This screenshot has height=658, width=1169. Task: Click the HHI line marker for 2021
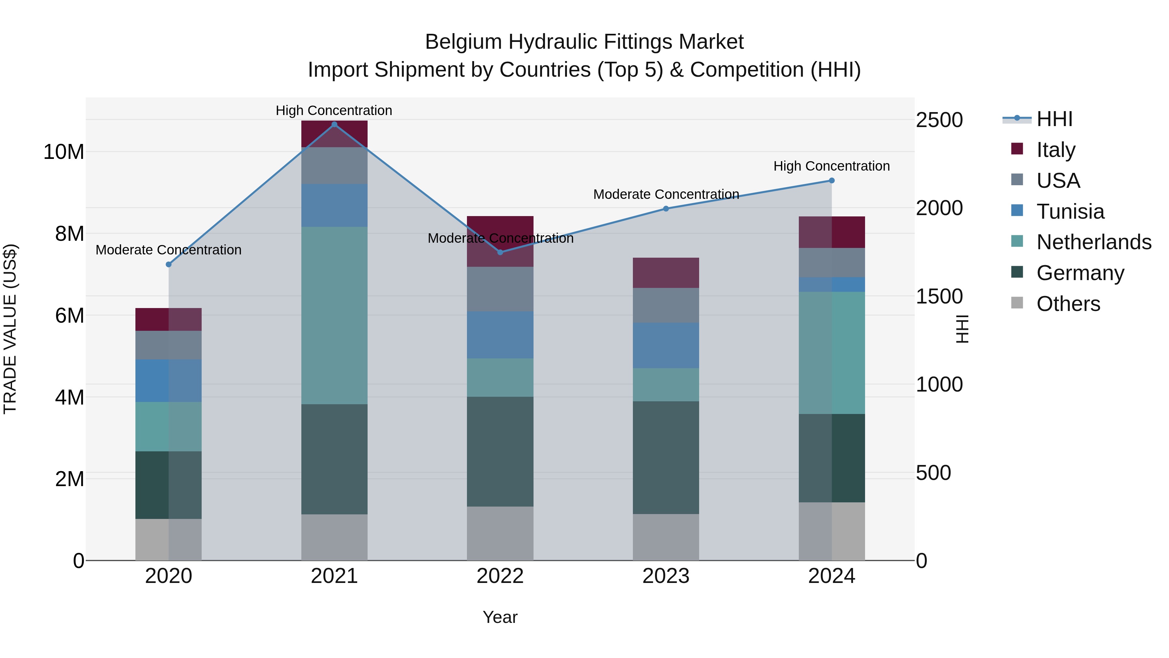334,124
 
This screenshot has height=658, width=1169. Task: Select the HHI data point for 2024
832,181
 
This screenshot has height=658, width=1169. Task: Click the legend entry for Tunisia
1070,212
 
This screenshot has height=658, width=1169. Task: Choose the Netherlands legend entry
1093,242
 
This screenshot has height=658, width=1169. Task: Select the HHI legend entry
1054,119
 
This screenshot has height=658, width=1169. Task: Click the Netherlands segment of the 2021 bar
334,316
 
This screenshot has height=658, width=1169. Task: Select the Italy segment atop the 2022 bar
500,227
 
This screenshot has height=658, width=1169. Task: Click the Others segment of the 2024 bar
832,531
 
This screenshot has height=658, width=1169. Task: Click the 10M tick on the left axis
64,152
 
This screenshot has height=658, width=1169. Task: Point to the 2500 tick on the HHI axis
939,120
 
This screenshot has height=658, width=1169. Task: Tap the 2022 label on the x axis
500,576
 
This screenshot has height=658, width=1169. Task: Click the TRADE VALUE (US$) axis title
10,329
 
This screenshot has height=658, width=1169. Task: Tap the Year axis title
500,617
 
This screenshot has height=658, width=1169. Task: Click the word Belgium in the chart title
463,42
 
